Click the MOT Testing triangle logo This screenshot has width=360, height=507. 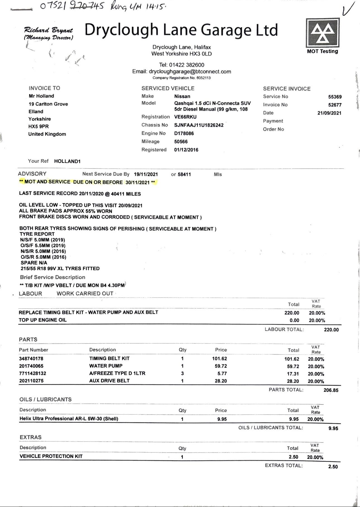pos(322,33)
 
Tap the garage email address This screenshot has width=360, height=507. pos(190,72)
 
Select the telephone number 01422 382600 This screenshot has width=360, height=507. pos(186,65)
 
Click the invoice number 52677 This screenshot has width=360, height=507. pos(335,105)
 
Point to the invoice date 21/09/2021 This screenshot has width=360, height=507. pos(329,113)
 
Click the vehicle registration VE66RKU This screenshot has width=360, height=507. pos(185,117)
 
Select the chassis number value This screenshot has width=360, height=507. pos(199,125)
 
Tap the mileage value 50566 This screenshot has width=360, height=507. pos(181,142)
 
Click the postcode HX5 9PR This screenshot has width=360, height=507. pos(39,127)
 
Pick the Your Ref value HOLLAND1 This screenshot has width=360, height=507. pos(67,161)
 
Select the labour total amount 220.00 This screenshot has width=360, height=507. pos(331,330)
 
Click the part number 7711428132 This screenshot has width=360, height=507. pos(33,373)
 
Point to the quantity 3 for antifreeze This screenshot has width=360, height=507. pos(182,373)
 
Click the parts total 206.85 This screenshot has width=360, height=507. pos(331,390)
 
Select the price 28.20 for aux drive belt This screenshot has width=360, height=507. pos(220,381)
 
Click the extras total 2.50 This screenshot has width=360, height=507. pos(333,467)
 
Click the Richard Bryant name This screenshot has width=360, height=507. pos(48,30)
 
